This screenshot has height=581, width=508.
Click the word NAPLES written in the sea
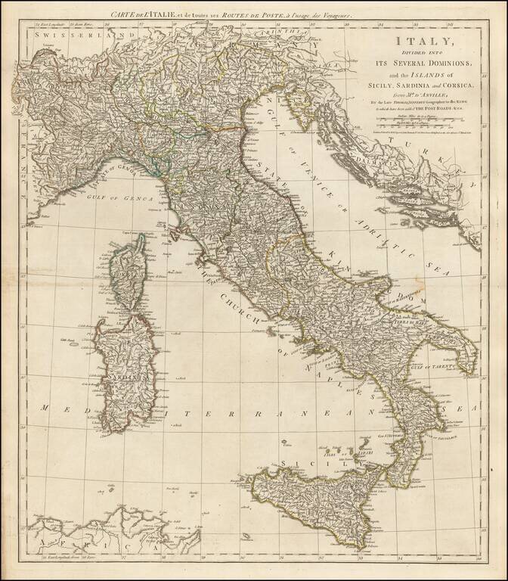(x=325, y=374)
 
